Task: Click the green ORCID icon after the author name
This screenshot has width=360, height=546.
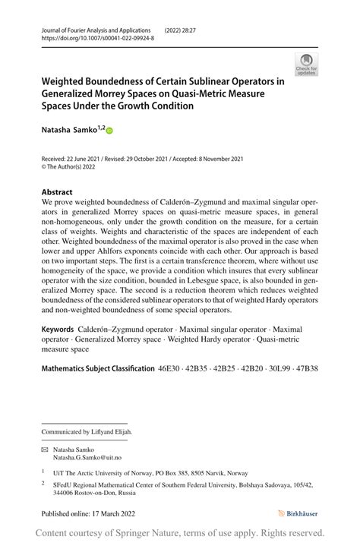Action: (109, 131)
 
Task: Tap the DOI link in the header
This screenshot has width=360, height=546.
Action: (97, 36)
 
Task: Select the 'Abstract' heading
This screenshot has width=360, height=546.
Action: (57, 192)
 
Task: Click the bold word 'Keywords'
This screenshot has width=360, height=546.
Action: (58, 329)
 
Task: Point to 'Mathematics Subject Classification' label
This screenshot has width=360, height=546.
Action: (97, 368)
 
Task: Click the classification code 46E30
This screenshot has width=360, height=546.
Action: (171, 368)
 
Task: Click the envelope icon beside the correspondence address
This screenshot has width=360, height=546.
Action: (44, 450)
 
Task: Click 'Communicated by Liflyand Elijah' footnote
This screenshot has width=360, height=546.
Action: (87, 432)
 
